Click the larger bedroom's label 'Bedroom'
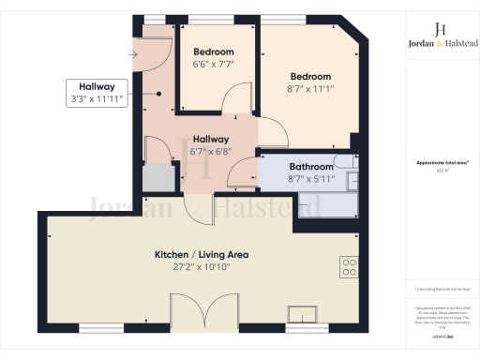309,76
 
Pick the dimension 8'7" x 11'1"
309,88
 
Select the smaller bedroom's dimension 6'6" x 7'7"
214,64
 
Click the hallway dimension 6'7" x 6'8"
211,150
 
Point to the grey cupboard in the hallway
160,177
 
